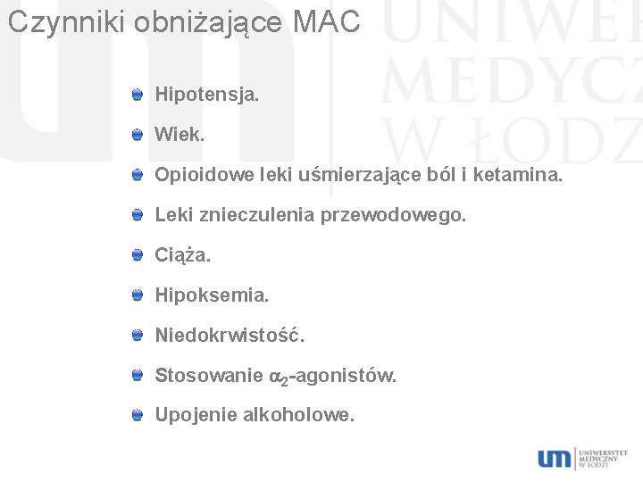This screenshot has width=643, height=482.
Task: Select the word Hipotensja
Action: point(206,93)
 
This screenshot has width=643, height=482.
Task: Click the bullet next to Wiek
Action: point(136,135)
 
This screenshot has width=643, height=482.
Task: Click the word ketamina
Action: point(523,175)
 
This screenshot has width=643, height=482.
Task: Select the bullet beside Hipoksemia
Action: point(136,295)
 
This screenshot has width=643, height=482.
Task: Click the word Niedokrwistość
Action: point(230,336)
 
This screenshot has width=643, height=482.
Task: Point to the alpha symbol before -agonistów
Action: point(276,377)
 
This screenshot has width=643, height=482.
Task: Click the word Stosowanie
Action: point(209,376)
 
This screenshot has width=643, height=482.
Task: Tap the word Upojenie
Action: point(196,416)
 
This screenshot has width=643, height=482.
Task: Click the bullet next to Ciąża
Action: point(136,256)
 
